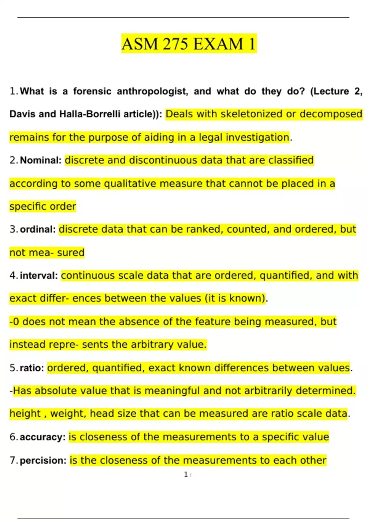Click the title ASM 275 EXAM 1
(x=189, y=44)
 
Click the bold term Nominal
(x=41, y=160)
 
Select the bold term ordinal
(x=37, y=229)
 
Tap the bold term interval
(x=39, y=276)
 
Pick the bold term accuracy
(x=42, y=437)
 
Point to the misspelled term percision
(x=43, y=460)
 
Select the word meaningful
(x=172, y=390)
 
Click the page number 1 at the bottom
(x=186, y=474)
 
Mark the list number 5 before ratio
(x=13, y=368)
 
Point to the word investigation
(x=257, y=137)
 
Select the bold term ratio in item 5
(x=32, y=368)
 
